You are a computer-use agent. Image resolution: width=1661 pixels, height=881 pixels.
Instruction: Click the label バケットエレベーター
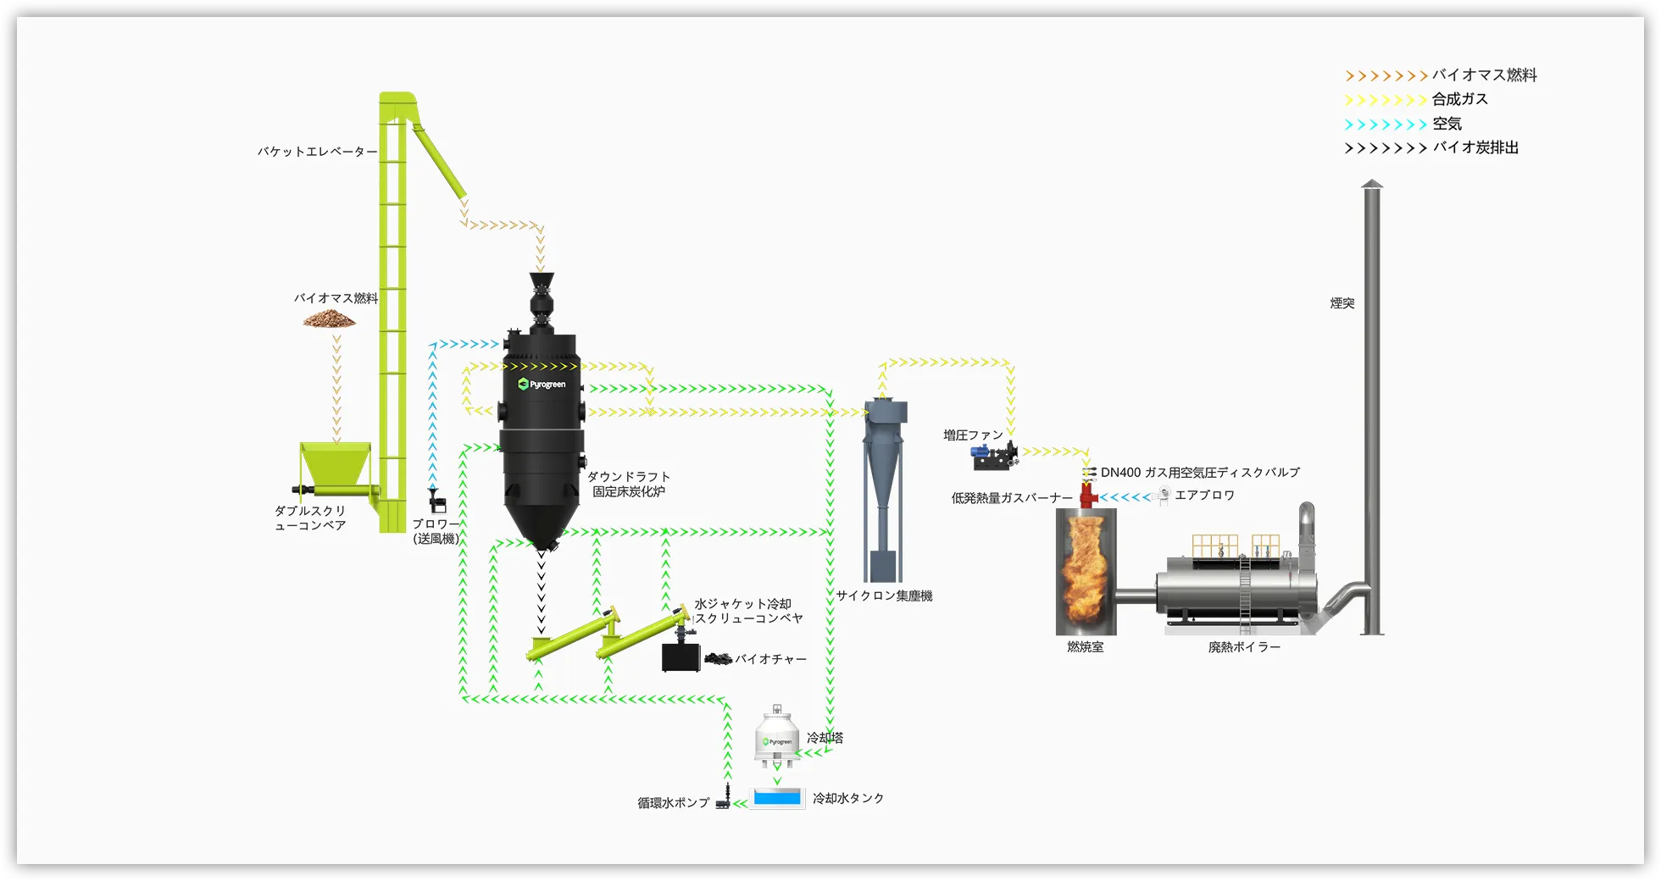(317, 152)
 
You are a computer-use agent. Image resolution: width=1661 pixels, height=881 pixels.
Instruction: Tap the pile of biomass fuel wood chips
(330, 319)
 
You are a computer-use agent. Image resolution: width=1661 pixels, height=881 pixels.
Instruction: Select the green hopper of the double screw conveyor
(335, 464)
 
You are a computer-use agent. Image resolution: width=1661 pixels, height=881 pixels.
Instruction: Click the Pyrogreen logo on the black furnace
(542, 385)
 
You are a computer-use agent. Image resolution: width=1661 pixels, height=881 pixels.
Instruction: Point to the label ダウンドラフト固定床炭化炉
(628, 484)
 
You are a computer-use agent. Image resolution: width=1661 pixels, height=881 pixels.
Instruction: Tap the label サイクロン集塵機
(884, 596)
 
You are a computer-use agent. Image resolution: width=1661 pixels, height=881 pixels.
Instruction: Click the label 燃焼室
(1085, 647)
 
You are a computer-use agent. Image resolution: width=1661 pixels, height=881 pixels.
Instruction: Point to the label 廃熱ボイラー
(1244, 647)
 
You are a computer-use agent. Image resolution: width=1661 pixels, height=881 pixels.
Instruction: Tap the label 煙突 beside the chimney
(1342, 303)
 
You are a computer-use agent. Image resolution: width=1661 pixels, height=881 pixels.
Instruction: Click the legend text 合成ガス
(1459, 99)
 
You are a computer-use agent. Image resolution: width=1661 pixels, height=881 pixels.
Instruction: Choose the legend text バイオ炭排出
(1475, 147)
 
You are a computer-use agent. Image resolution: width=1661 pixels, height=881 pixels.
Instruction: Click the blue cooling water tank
(776, 798)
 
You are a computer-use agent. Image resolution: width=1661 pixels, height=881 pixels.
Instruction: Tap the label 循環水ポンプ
(674, 802)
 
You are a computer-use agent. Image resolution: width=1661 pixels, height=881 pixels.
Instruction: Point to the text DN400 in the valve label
(1120, 473)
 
